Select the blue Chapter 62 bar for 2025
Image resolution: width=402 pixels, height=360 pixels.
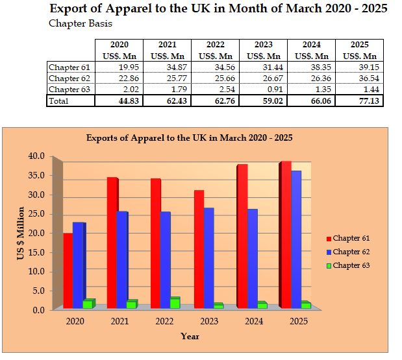(x=296, y=239)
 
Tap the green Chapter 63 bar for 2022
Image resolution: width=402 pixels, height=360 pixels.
(x=175, y=303)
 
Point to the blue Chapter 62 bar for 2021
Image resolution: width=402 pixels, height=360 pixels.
(x=122, y=259)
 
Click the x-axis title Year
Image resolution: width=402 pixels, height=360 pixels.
(x=190, y=336)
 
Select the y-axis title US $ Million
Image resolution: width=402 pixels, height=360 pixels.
(x=20, y=234)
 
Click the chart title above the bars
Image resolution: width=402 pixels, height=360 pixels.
(x=190, y=138)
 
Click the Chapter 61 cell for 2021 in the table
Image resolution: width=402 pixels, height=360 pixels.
(x=167, y=67)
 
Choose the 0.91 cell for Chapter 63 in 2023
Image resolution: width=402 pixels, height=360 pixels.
(x=263, y=90)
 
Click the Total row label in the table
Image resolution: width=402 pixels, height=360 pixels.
(x=60, y=101)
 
